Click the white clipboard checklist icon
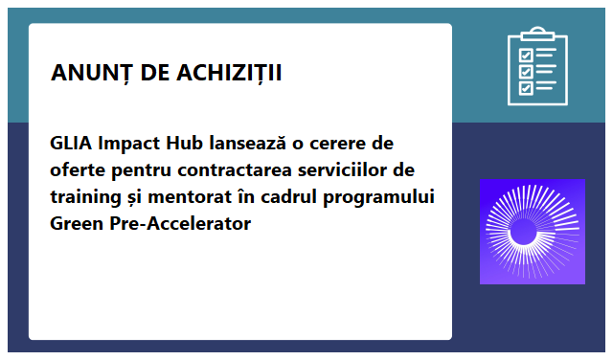click(x=537, y=67)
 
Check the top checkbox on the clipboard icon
click(x=525, y=54)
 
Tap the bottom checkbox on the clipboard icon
click(x=525, y=88)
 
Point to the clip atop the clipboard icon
click(x=537, y=35)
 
